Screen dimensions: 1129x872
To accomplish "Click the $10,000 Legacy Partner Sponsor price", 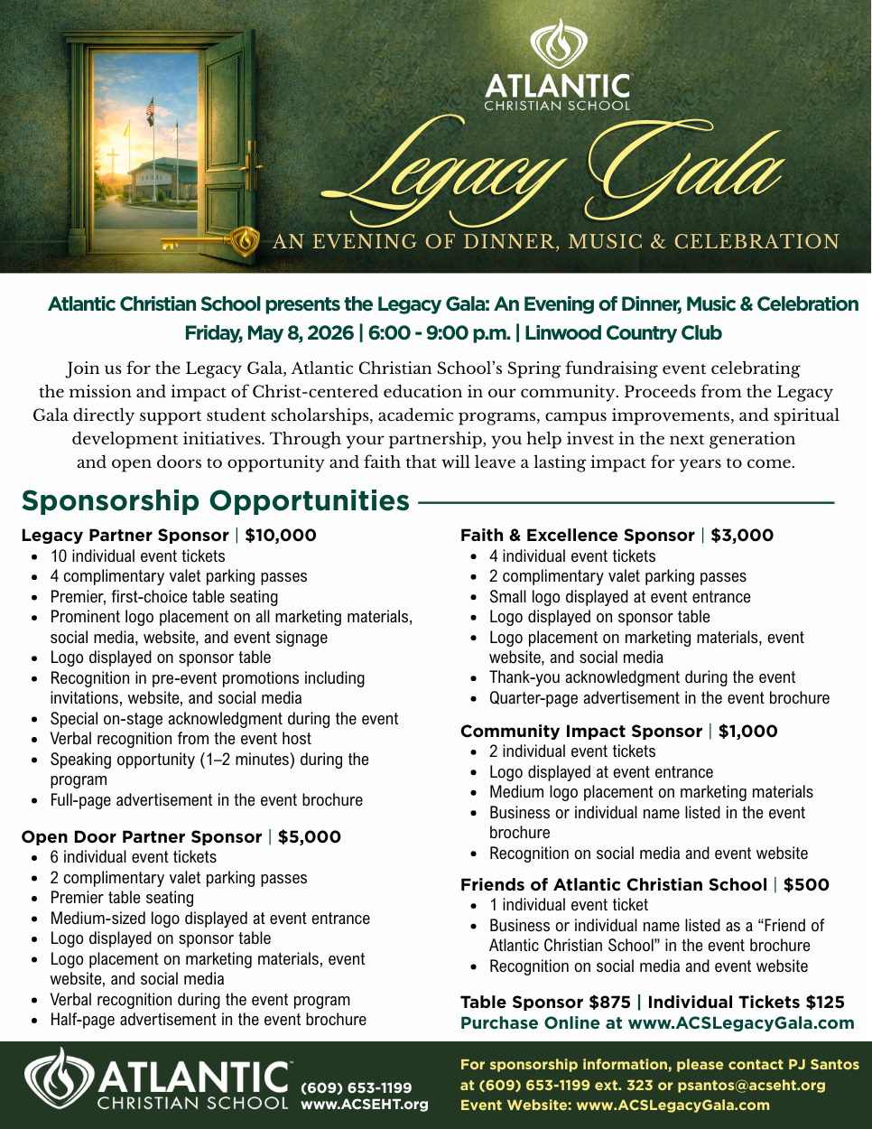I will click(281, 535).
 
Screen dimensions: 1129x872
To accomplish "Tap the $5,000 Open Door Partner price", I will click(310, 836).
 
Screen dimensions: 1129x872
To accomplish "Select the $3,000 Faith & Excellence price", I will click(742, 535).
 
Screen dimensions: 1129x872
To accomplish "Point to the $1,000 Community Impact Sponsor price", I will click(747, 731).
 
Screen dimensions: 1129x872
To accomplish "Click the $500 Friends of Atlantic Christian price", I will click(806, 884).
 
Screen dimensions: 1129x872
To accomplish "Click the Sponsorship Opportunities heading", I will click(216, 500).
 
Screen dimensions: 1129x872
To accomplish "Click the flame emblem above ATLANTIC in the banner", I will click(558, 46).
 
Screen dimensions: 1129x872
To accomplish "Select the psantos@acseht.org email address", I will click(751, 1085).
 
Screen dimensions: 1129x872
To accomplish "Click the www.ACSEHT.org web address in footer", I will click(365, 1104).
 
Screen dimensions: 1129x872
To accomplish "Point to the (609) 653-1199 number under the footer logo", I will click(356, 1087).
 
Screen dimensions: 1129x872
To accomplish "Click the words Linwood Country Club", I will click(623, 332).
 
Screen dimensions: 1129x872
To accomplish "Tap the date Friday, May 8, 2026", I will click(269, 332).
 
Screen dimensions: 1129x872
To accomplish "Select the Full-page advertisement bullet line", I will click(206, 800).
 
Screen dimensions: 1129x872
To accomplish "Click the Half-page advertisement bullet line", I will click(208, 1020).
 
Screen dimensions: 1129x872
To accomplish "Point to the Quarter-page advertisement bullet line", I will click(659, 698).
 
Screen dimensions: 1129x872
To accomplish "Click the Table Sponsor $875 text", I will click(545, 1002).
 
